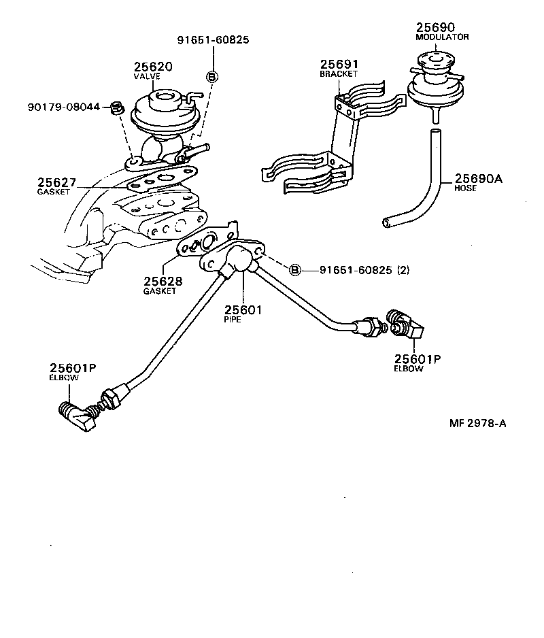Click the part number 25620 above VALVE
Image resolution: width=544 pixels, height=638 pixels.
152,67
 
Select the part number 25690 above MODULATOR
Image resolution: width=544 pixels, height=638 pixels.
435,27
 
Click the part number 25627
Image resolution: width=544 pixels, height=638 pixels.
57,182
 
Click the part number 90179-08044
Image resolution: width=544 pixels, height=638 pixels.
64,107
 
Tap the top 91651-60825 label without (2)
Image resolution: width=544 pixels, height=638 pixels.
214,39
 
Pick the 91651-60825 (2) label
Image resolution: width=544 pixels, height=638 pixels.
365,270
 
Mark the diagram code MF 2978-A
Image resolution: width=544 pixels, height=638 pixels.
477,423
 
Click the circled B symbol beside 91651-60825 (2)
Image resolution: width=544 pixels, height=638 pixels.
295,270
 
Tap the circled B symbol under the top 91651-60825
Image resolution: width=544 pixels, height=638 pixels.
211,77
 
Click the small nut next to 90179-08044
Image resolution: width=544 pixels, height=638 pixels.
116,107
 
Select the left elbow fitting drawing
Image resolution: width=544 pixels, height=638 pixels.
76,416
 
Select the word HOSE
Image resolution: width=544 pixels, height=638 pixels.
465,188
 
